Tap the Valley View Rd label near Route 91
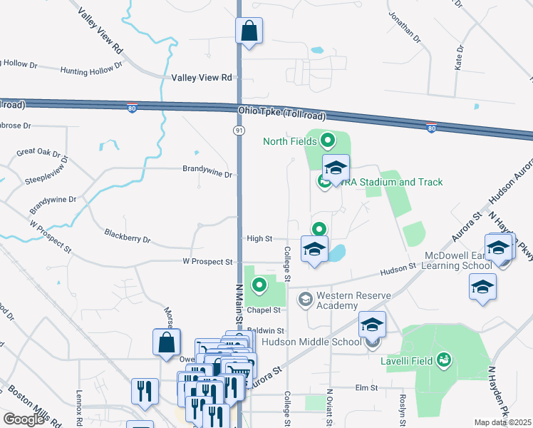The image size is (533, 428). click(202, 78)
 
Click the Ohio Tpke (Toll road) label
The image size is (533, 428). click(281, 113)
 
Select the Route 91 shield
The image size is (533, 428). click(239, 130)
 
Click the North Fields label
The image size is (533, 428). click(289, 141)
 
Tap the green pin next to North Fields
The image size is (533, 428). click(328, 141)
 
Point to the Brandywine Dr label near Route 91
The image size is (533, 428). click(207, 174)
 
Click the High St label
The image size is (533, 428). click(259, 238)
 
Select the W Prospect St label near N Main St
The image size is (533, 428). click(207, 263)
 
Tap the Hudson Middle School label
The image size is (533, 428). click(312, 342)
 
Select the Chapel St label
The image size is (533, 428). click(264, 310)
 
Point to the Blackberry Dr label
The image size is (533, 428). click(128, 236)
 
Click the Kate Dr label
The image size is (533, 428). click(460, 57)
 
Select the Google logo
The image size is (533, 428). click(24, 419)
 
